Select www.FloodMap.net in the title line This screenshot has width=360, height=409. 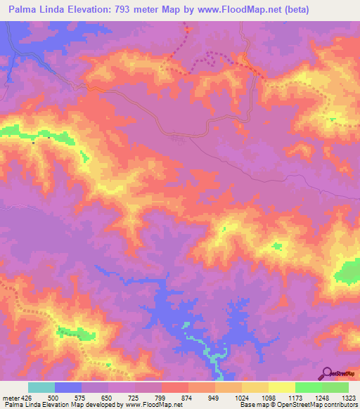tap(233, 9)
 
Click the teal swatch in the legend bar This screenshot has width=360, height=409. tap(41, 387)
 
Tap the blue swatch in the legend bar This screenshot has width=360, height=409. tap(68, 387)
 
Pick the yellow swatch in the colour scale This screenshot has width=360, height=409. tap(281, 387)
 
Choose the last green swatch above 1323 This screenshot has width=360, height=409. tap(335, 387)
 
